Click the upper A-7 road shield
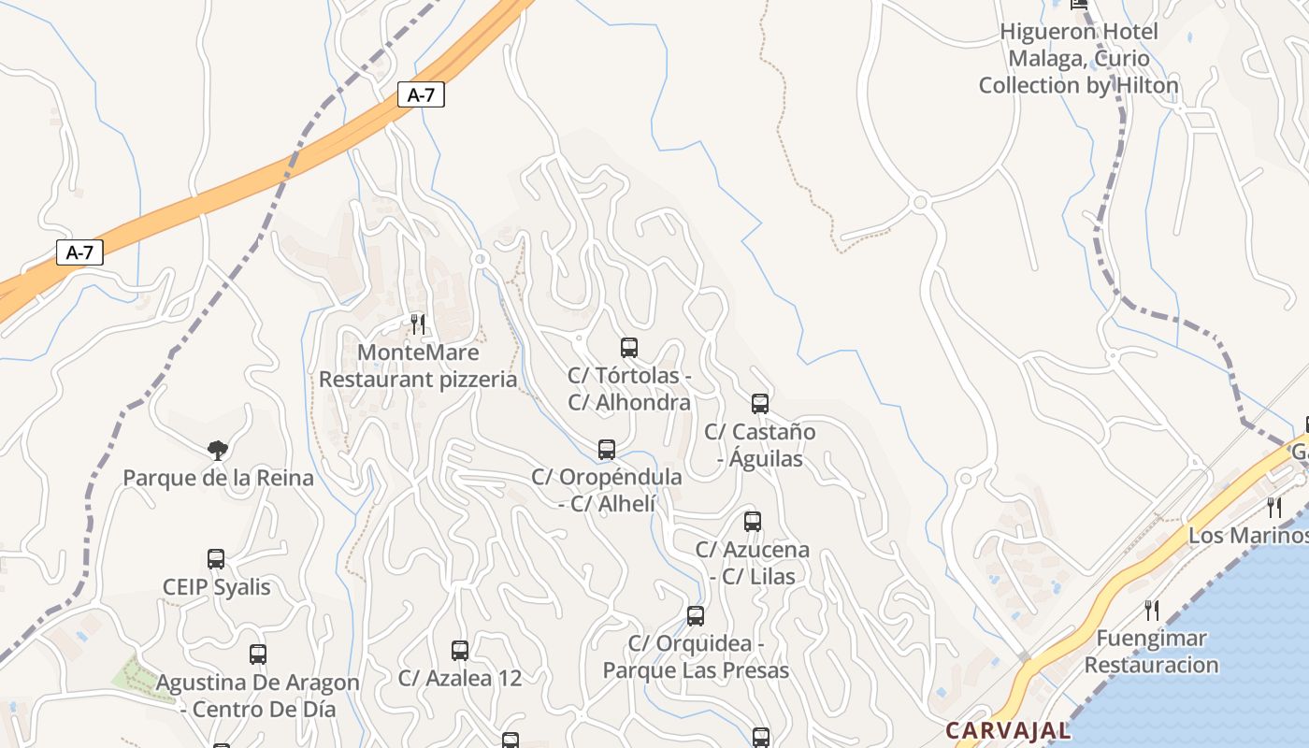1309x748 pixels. [x=421, y=94]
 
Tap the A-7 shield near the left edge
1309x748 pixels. [x=79, y=252]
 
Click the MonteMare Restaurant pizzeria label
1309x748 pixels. [x=418, y=366]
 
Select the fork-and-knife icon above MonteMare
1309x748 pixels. [x=418, y=324]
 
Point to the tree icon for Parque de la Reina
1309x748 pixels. [x=218, y=451]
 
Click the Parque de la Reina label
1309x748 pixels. [x=219, y=479]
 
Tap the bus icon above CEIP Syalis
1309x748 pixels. [x=216, y=559]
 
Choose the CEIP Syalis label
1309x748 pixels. [x=216, y=587]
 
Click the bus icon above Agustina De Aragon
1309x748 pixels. [x=258, y=654]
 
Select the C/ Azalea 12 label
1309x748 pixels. [x=460, y=678]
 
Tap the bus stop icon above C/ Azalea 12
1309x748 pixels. [x=460, y=651]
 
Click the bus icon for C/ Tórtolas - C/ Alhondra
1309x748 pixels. [x=629, y=348]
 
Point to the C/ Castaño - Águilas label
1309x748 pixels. [x=759, y=445]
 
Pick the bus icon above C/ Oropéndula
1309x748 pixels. [x=607, y=450]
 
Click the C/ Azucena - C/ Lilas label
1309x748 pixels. [x=753, y=563]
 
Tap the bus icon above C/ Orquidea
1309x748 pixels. [x=696, y=616]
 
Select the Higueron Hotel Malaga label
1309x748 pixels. [x=1079, y=58]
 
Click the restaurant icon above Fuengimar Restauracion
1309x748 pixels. [x=1152, y=611]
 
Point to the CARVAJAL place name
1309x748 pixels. [x=1008, y=730]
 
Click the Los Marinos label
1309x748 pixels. [x=1248, y=536]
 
